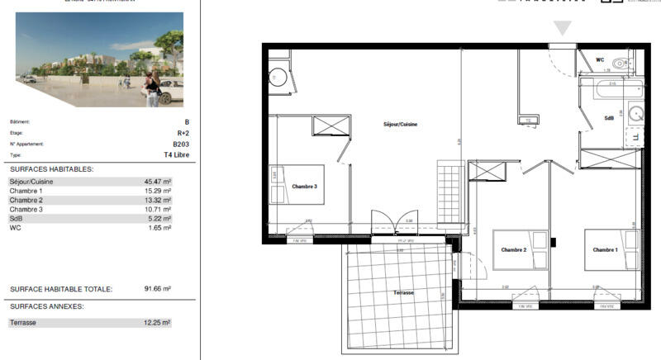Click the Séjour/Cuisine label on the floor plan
[x=400, y=124]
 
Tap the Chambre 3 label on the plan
[x=304, y=187]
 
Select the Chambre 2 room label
[x=514, y=249]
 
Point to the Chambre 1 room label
[x=605, y=249]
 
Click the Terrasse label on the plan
[x=403, y=293]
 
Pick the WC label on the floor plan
[x=600, y=59]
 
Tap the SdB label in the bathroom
[x=609, y=117]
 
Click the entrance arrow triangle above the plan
[x=563, y=28]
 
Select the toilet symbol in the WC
[x=621, y=64]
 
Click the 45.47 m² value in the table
[x=157, y=182]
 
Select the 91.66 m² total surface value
[x=156, y=290]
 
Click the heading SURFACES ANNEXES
[x=47, y=306]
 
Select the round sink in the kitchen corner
[x=277, y=78]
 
